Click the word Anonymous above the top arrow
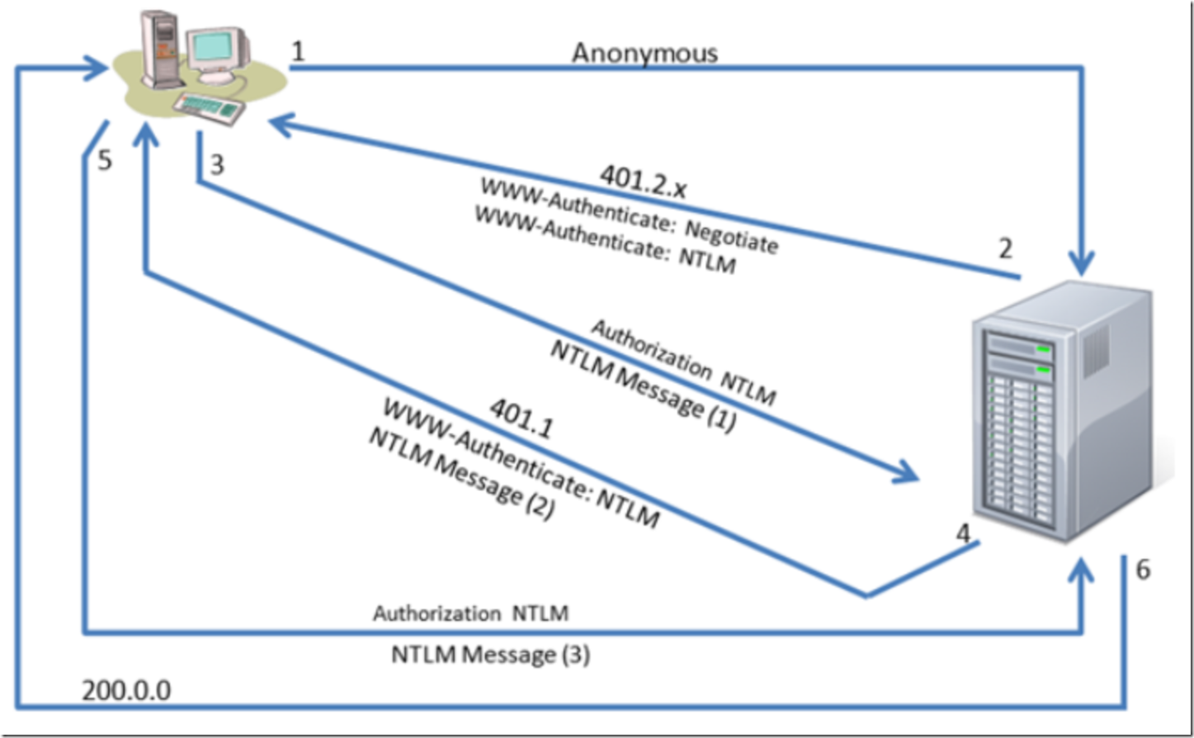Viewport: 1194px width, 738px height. pyautogui.click(x=644, y=53)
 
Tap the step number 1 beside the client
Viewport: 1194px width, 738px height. pyautogui.click(x=298, y=51)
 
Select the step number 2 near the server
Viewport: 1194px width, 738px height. pyautogui.click(x=1004, y=248)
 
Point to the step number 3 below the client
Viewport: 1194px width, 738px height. pyautogui.click(x=216, y=164)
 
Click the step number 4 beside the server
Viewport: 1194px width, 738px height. pyautogui.click(x=962, y=533)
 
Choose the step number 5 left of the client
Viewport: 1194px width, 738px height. pyautogui.click(x=104, y=159)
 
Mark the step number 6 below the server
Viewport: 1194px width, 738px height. pyautogui.click(x=1142, y=570)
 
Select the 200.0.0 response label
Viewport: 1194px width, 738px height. pyautogui.click(x=126, y=690)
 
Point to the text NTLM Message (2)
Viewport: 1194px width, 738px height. pyautogui.click(x=461, y=474)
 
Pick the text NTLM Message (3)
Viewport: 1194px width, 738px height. pyautogui.click(x=490, y=655)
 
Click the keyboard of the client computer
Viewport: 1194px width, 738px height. pyautogui.click(x=207, y=107)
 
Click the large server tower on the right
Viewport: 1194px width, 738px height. pyautogui.click(x=1064, y=413)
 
